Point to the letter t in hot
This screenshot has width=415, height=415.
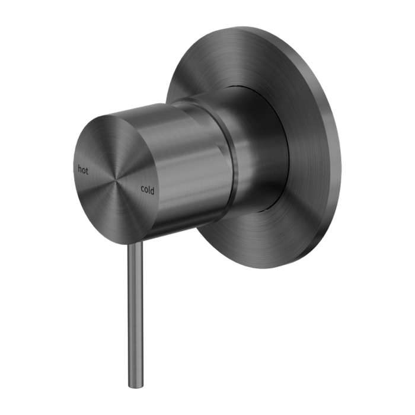point(87,171)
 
